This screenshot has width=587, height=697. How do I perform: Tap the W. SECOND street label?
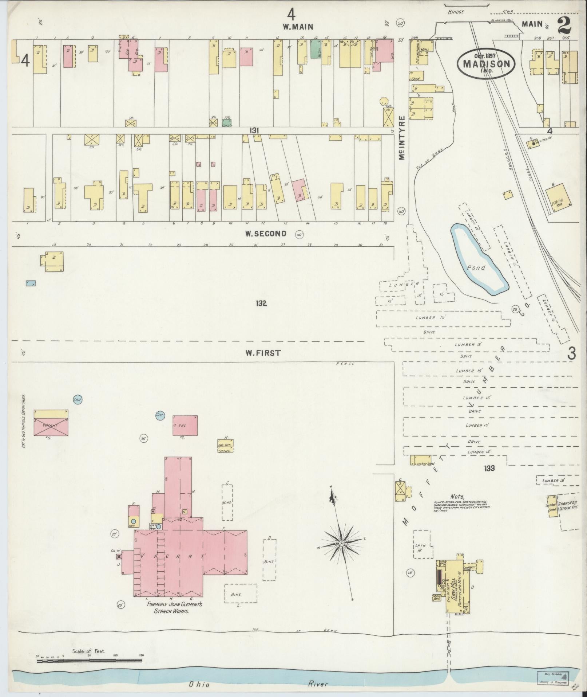tap(265, 234)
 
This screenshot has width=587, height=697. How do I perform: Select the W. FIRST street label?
tap(263, 353)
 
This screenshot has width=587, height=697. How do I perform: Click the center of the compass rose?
tap(342, 544)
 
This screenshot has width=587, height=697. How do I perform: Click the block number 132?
tap(261, 303)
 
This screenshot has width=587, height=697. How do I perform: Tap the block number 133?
tap(489, 468)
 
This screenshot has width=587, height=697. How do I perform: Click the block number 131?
tap(255, 130)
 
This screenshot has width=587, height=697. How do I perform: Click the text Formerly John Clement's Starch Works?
tap(174, 607)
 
